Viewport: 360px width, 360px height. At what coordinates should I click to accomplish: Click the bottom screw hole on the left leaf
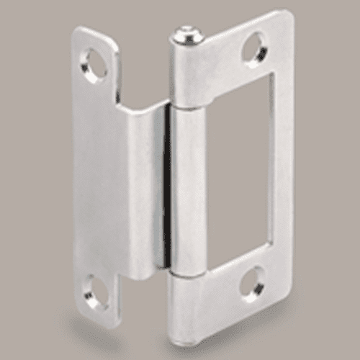point(96,289)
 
